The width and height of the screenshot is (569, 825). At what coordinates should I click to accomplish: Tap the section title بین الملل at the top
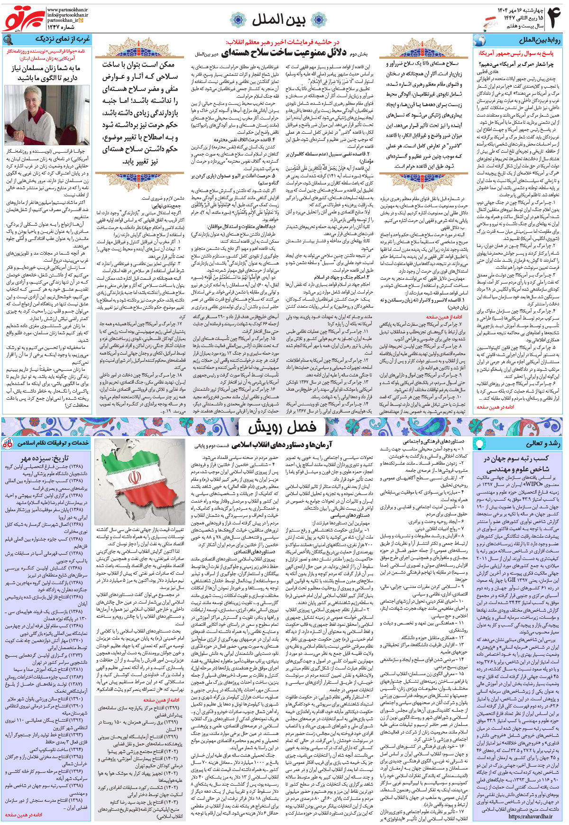278,19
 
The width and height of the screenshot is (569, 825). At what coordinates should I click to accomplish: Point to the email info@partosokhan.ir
67,15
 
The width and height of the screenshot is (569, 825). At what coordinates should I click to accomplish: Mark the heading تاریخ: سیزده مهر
45,458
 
